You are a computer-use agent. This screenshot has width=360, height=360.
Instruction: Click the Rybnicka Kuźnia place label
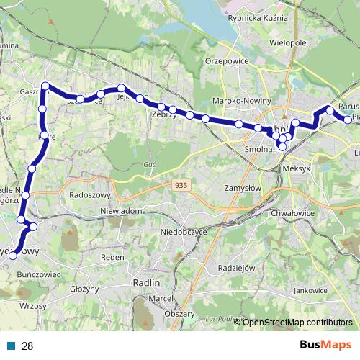pyautogui.click(x=257, y=19)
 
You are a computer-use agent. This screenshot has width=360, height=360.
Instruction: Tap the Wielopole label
pyautogui.click(x=288, y=43)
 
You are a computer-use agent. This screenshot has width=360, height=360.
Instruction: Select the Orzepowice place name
pyautogui.click(x=228, y=61)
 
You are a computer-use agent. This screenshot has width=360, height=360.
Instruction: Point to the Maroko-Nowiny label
pyautogui.click(x=242, y=101)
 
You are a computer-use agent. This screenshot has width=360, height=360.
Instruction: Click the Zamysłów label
pyautogui.click(x=241, y=187)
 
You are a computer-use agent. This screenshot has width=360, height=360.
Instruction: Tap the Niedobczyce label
pyautogui.click(x=184, y=233)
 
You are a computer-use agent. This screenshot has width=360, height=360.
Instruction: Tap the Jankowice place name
pyautogui.click(x=310, y=290)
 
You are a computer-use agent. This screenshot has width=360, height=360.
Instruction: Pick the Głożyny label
pyautogui.click(x=85, y=289)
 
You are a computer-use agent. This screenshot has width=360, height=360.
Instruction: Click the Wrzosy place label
pyautogui.click(x=34, y=306)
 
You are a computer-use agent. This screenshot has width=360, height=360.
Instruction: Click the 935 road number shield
pyautogui.click(x=181, y=186)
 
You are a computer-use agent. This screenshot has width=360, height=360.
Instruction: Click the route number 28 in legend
pyautogui.click(x=27, y=346)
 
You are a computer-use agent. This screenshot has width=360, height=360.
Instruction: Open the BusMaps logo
pyautogui.click(x=325, y=345)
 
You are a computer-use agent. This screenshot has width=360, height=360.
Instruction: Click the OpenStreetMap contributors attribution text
pyautogui.click(x=297, y=323)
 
